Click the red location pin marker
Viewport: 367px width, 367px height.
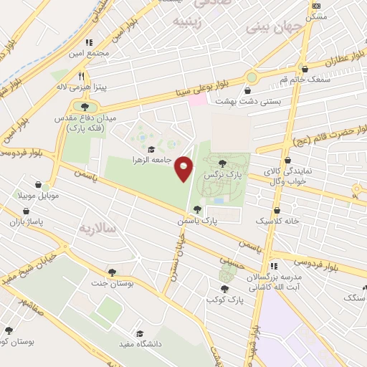coord(184,168)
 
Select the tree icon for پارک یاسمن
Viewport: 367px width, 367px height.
coord(197,209)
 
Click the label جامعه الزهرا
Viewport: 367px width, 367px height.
coord(151,160)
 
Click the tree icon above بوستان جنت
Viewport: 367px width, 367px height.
coord(112,272)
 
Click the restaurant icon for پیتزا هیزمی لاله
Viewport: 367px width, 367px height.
coord(82,75)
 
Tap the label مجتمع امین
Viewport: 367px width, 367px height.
coord(89,53)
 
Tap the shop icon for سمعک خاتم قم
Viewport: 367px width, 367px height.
coord(306,70)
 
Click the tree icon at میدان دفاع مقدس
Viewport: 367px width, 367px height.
coord(85,107)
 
